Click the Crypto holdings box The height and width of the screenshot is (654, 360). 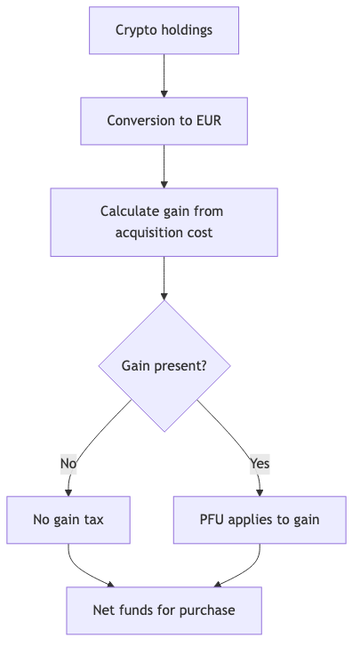click(164, 30)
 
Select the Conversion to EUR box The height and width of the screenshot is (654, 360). click(164, 121)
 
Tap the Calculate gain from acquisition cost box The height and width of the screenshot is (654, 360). click(164, 222)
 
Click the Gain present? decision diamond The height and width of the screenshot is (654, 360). click(164, 366)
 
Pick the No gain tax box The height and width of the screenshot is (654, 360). click(68, 520)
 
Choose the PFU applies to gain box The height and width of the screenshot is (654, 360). click(260, 520)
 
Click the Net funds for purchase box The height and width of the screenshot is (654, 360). click(164, 610)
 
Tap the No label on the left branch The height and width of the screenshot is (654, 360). click(68, 463)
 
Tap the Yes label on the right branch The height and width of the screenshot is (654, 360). click(260, 463)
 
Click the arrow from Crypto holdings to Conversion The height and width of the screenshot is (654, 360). click(164, 76)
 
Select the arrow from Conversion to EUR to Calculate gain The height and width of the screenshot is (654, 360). click(164, 166)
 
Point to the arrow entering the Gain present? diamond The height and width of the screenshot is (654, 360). click(164, 279)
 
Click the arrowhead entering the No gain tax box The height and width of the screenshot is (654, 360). click(68, 491)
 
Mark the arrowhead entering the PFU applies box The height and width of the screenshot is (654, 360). click(260, 491)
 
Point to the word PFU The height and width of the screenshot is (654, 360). click(213, 520)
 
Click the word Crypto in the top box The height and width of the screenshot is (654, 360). click(135, 30)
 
